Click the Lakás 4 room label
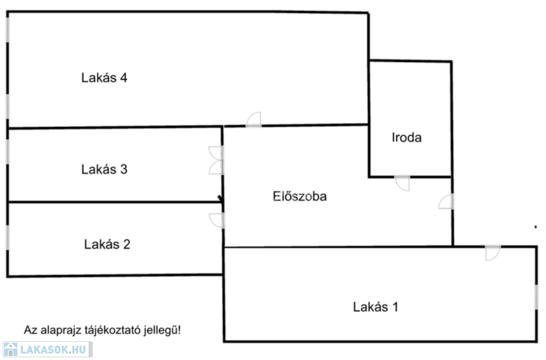pos(104,78)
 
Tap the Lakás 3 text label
pos(104,170)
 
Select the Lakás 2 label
pos(107,244)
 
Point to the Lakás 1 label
pos(375,307)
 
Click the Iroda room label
pos(407,138)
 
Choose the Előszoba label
pos(300,196)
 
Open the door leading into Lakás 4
pos(254,120)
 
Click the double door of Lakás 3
pos(216,160)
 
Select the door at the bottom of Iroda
pos(403,183)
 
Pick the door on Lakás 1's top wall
pos(493,252)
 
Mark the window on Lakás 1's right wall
pos(536,296)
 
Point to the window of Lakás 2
pos(7,237)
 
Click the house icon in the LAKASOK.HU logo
pos(10,349)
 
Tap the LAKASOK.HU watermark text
pos(53,350)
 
